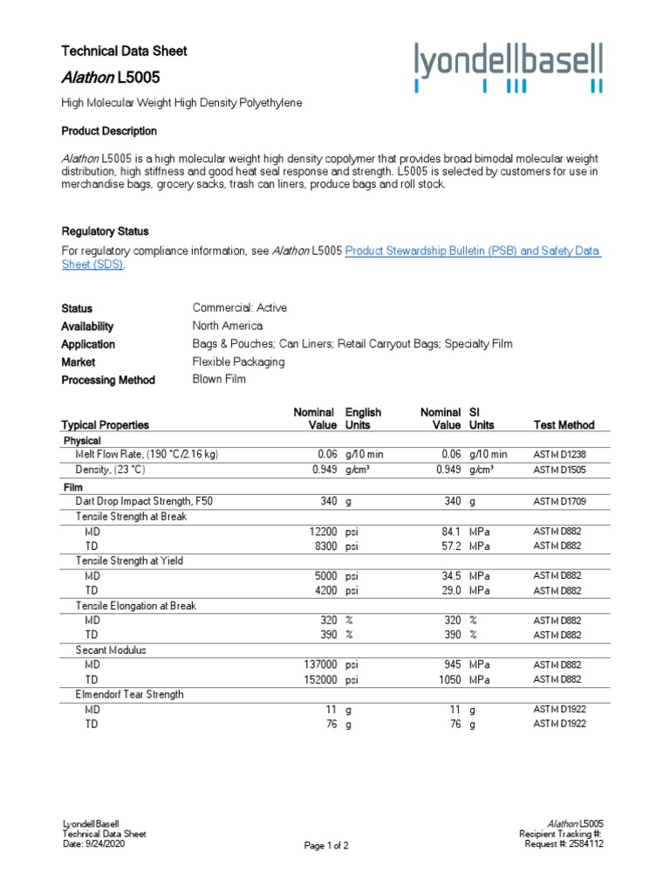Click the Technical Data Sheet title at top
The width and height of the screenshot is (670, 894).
pyautogui.click(x=124, y=52)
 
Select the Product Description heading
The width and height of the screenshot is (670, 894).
pyautogui.click(x=109, y=131)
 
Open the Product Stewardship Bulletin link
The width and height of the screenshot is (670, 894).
pyautogui.click(x=473, y=251)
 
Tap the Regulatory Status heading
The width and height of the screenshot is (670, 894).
pyautogui.click(x=105, y=231)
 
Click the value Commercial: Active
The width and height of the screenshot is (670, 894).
pyautogui.click(x=239, y=308)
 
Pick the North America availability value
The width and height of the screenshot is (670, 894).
pyautogui.click(x=227, y=326)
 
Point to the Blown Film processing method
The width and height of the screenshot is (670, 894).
pyautogui.click(x=219, y=380)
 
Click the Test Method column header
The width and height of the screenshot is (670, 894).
pyautogui.click(x=564, y=425)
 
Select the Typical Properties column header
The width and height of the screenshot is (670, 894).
pyautogui.click(x=105, y=425)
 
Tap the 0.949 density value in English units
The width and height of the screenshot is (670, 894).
pyautogui.click(x=324, y=470)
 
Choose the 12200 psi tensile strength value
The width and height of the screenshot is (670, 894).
pyautogui.click(x=323, y=532)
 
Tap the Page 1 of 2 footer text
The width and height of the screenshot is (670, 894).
pyautogui.click(x=326, y=845)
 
